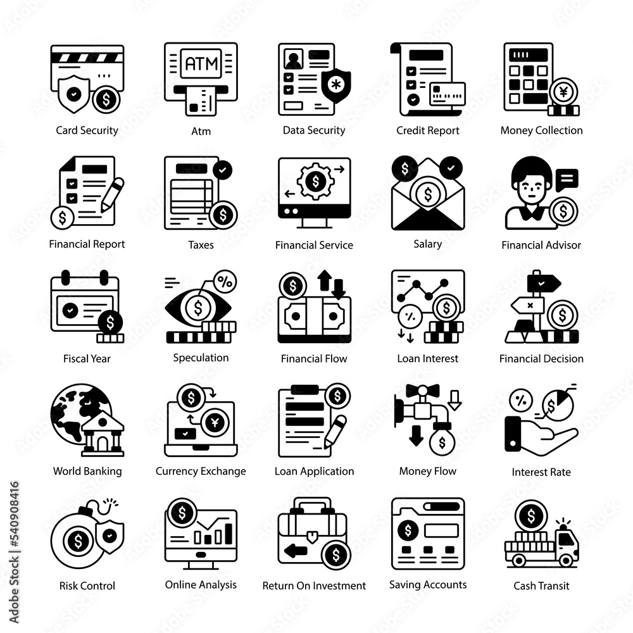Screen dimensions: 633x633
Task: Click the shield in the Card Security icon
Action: click(x=73, y=94)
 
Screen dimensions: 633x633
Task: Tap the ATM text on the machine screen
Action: click(x=201, y=63)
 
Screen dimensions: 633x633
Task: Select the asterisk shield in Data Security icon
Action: click(x=336, y=85)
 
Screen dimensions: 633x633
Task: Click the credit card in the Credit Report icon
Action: click(x=448, y=94)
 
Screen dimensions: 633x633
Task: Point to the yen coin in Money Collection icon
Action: click(x=563, y=92)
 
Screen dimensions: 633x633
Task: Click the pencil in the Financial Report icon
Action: click(x=112, y=195)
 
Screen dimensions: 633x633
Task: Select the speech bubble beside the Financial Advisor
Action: click(x=567, y=180)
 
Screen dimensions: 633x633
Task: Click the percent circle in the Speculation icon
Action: click(x=225, y=282)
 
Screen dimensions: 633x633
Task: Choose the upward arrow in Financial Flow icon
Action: click(x=325, y=280)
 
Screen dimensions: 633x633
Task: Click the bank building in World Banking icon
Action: click(x=103, y=434)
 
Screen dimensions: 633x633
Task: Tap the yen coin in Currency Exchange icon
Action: click(x=215, y=423)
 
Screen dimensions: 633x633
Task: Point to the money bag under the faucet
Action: click(x=442, y=441)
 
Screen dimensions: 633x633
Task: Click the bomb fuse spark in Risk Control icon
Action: click(x=111, y=503)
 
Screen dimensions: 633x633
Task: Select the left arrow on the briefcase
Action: click(x=296, y=550)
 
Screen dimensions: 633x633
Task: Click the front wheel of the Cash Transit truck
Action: click(x=565, y=560)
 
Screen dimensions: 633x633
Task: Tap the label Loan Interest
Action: click(x=427, y=358)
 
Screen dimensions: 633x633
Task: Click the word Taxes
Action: click(x=201, y=244)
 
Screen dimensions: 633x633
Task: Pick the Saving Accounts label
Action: click(x=427, y=585)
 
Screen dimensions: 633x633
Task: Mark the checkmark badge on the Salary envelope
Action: click(x=451, y=168)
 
